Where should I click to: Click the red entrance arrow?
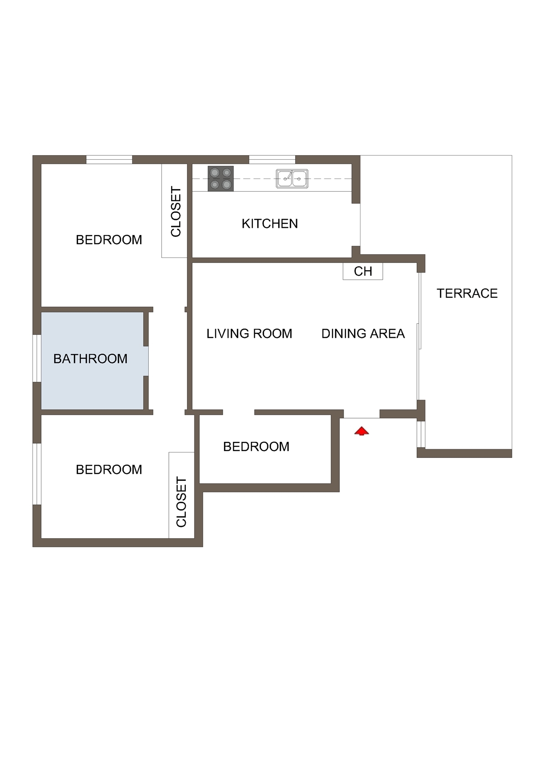tap(361, 431)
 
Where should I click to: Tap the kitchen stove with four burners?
tap(221, 179)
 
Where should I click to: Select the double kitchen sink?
tap(292, 179)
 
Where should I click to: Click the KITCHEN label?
tap(270, 224)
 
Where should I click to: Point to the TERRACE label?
tap(467, 294)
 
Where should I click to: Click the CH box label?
tap(363, 271)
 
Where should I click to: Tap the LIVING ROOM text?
tap(249, 333)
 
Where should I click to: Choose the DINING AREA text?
tap(363, 333)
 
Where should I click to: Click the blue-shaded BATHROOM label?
tap(90, 359)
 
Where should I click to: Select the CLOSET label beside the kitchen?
tap(176, 211)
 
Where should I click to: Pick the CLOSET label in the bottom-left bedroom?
tap(181, 502)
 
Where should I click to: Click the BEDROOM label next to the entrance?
tap(256, 447)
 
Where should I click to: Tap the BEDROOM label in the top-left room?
tap(109, 240)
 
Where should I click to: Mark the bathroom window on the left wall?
tap(37, 358)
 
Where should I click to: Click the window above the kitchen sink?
tap(272, 160)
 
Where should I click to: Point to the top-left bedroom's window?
tap(109, 160)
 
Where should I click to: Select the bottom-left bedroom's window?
tap(37, 474)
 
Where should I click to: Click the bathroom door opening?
tap(146, 361)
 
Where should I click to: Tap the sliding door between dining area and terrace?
tap(419, 336)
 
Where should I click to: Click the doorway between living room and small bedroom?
tap(239, 412)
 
